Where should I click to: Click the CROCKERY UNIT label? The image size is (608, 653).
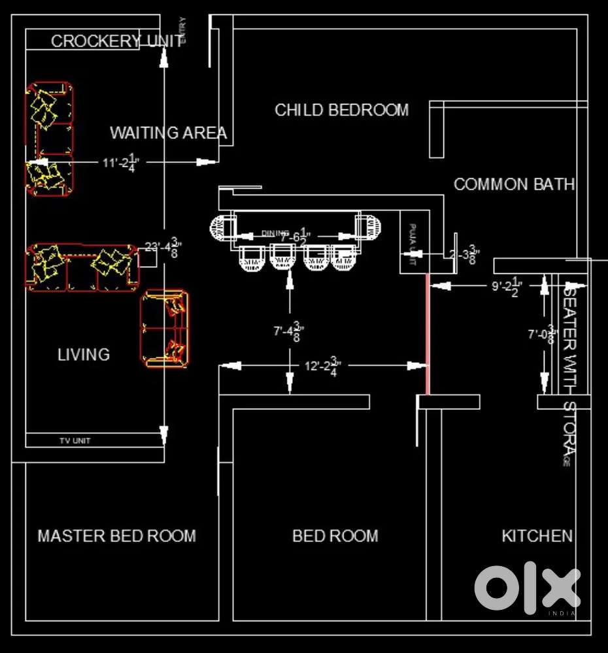[x=116, y=41]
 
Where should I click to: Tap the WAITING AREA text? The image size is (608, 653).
[x=168, y=133]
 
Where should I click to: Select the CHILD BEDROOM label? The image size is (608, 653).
[x=341, y=110]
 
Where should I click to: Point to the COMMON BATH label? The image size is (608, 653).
[x=514, y=184]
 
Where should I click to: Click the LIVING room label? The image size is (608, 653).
[x=84, y=355]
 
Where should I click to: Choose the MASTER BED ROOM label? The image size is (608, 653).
[x=116, y=536]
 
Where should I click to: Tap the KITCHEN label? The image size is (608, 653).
[x=537, y=536]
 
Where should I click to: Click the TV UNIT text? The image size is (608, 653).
[x=75, y=441]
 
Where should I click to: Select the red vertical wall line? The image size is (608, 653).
[x=428, y=333]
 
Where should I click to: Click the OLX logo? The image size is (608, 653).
[x=527, y=588]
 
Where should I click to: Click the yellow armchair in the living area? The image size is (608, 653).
[x=165, y=328]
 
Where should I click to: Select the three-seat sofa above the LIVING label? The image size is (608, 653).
[x=82, y=266]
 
